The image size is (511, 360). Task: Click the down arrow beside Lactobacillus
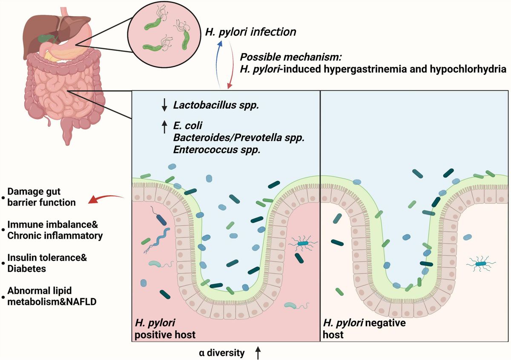164,104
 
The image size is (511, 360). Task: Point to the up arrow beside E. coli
164,127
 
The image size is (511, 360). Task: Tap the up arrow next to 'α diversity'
258,352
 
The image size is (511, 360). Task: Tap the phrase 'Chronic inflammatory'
55,235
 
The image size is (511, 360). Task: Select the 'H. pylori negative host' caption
365,328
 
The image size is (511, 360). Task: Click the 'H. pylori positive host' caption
165,328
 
